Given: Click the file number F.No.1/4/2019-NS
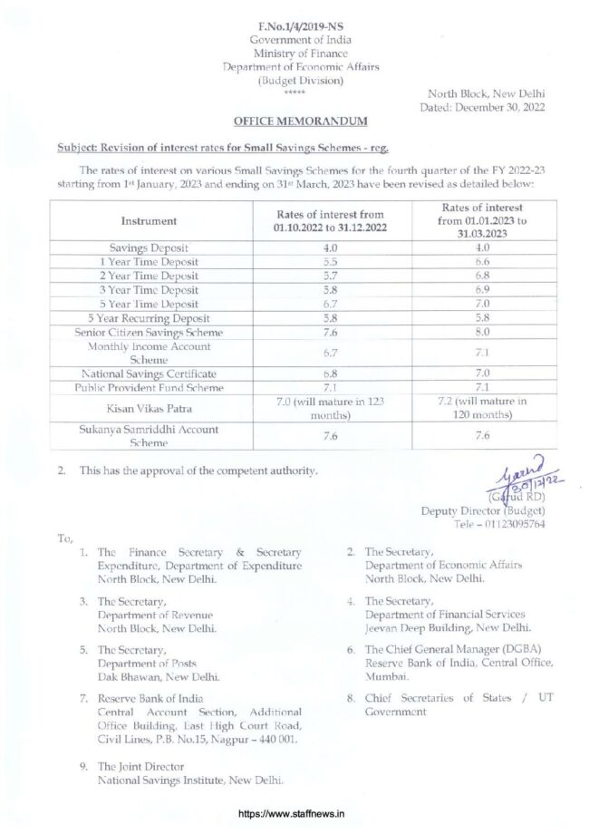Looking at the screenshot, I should click(301, 26).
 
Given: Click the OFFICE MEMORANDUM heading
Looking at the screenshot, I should click(301, 121).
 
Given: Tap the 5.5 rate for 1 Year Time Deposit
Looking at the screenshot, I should click(330, 261).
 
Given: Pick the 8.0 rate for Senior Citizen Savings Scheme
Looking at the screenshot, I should click(482, 333).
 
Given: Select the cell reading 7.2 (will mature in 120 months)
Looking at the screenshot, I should click(482, 409).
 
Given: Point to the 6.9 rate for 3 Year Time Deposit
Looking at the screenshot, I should click(482, 289).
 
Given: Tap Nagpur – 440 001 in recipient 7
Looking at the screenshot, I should click(260, 739).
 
